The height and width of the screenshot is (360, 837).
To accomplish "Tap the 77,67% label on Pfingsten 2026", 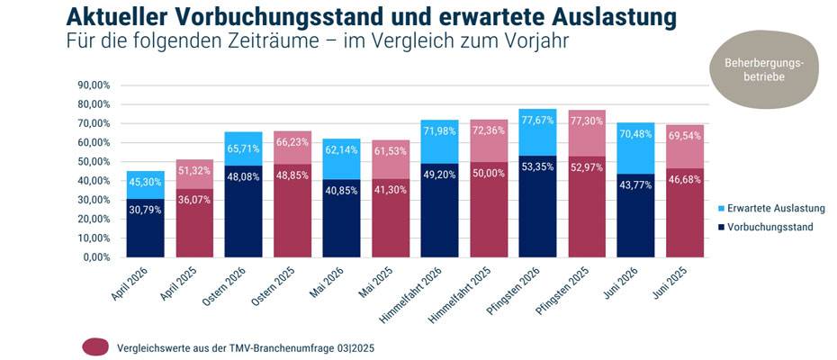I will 538,120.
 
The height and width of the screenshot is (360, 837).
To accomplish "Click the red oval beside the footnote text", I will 95,346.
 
